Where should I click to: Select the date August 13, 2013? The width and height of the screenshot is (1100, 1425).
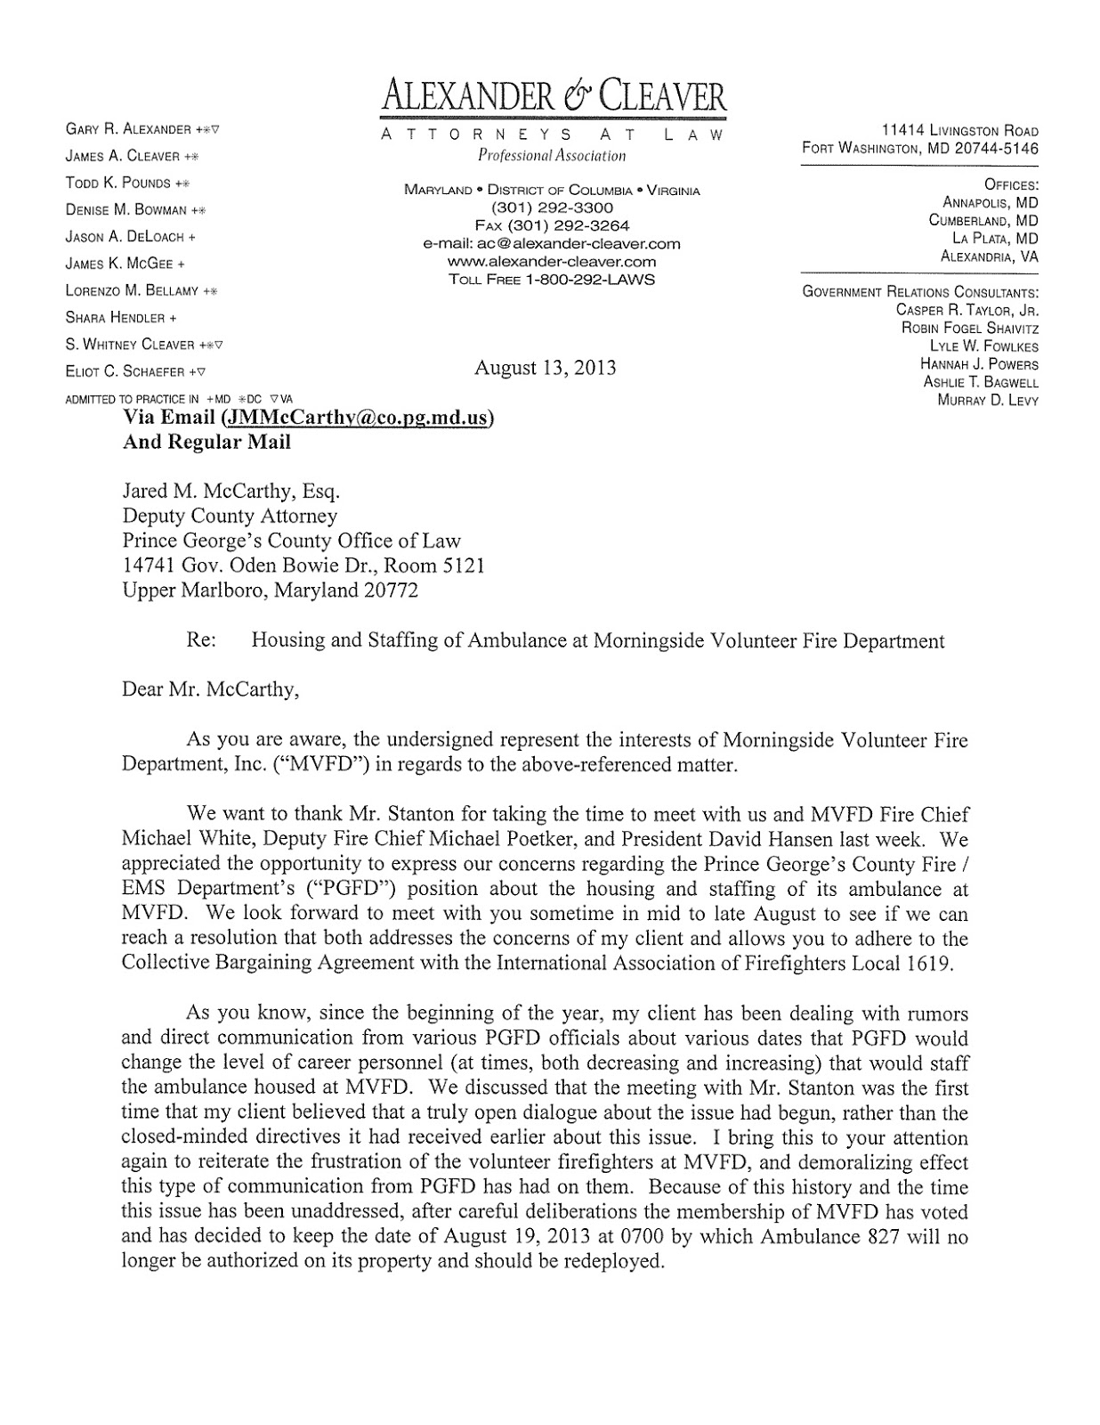tap(545, 368)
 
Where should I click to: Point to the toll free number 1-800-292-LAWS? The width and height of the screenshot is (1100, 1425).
tap(552, 279)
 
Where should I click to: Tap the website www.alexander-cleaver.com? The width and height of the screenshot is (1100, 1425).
tap(552, 261)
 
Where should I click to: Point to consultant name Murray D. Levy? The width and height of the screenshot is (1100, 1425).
tap(988, 400)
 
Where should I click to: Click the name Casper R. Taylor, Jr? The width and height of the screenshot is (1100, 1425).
tap(967, 311)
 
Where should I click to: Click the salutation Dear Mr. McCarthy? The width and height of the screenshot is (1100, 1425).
tap(209, 689)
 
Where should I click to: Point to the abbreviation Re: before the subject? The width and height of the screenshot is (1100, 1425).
tap(201, 640)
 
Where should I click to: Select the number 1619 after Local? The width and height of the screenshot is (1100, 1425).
tap(944, 964)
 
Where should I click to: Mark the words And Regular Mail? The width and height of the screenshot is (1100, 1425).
tap(206, 442)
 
